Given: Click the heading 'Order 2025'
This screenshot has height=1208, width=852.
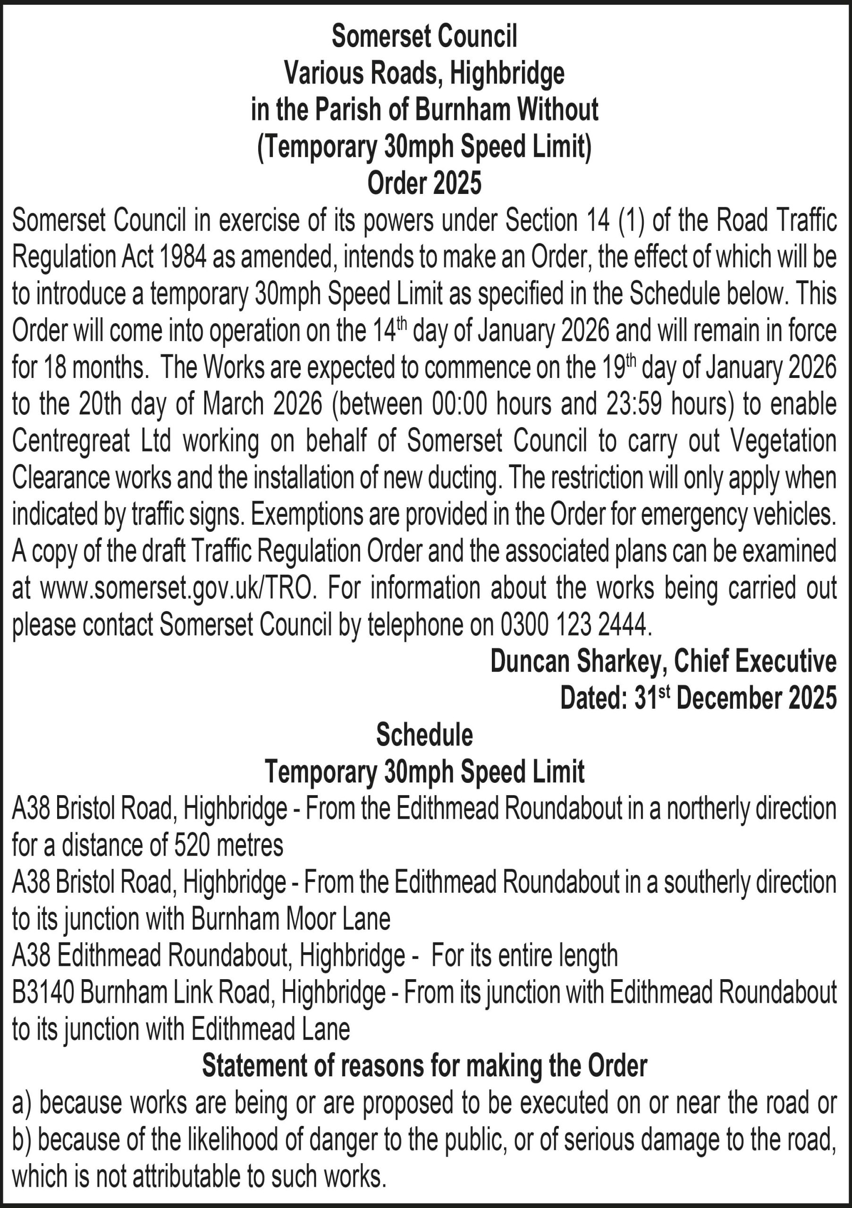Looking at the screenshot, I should (x=424, y=183).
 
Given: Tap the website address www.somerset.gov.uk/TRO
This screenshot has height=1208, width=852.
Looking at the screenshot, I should (x=178, y=588).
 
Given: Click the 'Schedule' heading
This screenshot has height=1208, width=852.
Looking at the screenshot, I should (x=424, y=735).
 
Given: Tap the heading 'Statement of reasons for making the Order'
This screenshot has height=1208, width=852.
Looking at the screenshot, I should (x=424, y=1066).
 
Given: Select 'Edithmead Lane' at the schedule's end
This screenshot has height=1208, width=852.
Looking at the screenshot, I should (x=270, y=1030).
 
